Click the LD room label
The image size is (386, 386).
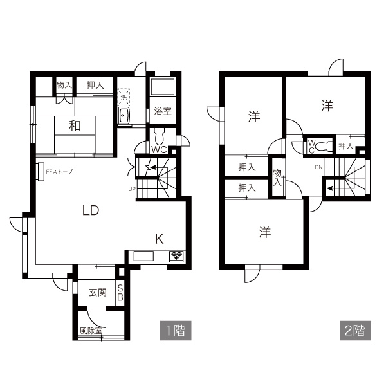tap(91, 210)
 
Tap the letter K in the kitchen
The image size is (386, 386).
tap(160, 239)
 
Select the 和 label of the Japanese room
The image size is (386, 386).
tap(75, 126)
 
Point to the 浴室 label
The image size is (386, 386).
tap(163, 111)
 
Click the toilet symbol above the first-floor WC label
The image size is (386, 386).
tap(160, 136)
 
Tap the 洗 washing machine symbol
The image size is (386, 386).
tap(124, 97)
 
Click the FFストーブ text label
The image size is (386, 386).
tap(59, 172)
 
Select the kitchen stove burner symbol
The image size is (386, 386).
tap(176, 256)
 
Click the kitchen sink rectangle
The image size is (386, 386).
tap(143, 256)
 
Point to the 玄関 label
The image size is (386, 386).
tap(98, 293)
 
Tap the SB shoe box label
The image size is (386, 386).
tap(120, 293)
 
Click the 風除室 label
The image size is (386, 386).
tap(91, 331)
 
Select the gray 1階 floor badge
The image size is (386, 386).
tap(176, 331)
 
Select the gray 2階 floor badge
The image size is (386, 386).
tap(355, 331)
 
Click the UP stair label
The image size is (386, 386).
tap(132, 189)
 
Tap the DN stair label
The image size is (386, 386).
tap(318, 167)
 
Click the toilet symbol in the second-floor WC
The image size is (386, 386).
tap(323, 146)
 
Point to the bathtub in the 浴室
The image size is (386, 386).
tap(163, 86)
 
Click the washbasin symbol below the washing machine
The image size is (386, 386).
tap(124, 116)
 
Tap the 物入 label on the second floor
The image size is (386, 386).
tap(277, 178)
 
